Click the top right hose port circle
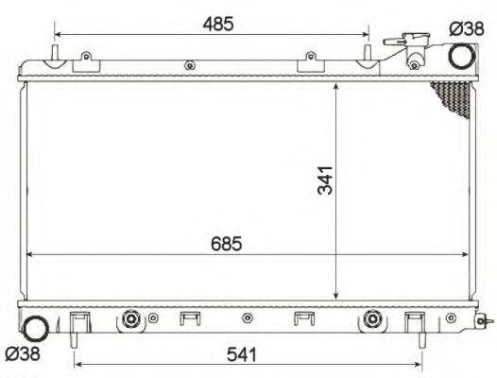[462, 57]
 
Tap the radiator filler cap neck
[413, 49]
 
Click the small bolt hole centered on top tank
[190, 65]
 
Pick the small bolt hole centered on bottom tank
[247, 318]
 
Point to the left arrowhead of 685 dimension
[29, 254]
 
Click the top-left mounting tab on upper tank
[86, 60]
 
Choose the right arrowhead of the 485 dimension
[367, 35]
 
